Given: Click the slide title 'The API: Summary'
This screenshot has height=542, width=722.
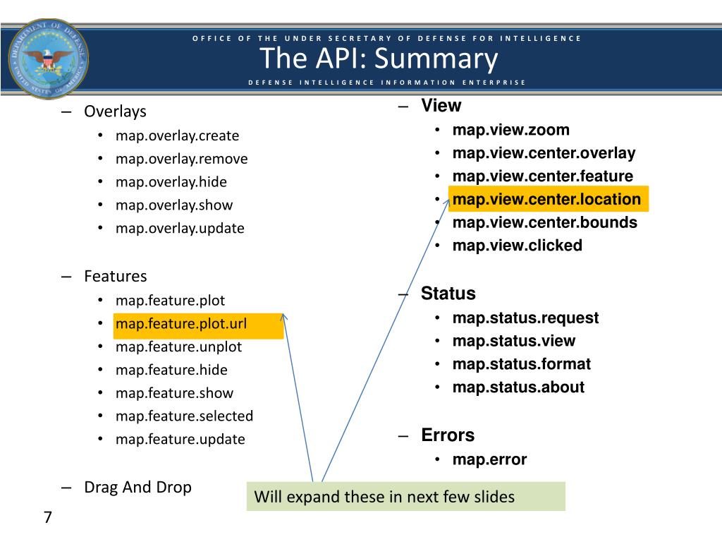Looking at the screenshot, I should pyautogui.click(x=379, y=59).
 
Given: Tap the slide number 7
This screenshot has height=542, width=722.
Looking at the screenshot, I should pyautogui.click(x=47, y=517).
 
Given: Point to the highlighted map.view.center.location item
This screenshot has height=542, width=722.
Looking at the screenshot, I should pyautogui.click(x=546, y=199).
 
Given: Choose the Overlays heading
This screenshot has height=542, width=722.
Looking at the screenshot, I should pyautogui.click(x=115, y=112).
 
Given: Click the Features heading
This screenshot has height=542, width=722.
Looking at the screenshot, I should pyautogui.click(x=115, y=276).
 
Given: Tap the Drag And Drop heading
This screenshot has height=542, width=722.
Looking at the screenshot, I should pyautogui.click(x=137, y=487).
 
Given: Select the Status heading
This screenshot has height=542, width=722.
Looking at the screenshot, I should pyautogui.click(x=448, y=294).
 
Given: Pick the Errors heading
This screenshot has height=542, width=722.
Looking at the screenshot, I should pyautogui.click(x=448, y=435).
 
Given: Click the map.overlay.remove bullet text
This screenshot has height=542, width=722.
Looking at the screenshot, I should pyautogui.click(x=181, y=159).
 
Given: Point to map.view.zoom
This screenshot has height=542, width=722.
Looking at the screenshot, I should pyautogui.click(x=510, y=130).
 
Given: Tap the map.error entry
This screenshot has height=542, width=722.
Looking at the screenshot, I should pyautogui.click(x=489, y=459).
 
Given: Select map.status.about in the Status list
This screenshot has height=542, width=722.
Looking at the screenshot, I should pyautogui.click(x=518, y=387).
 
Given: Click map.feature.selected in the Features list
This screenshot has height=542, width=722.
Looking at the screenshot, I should pyautogui.click(x=184, y=416).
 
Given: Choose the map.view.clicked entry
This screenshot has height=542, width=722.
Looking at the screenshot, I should pyautogui.click(x=517, y=246).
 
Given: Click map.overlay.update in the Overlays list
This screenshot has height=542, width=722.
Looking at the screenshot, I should pyautogui.click(x=180, y=228).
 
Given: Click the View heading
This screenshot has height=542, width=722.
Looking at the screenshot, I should pyautogui.click(x=441, y=106).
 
